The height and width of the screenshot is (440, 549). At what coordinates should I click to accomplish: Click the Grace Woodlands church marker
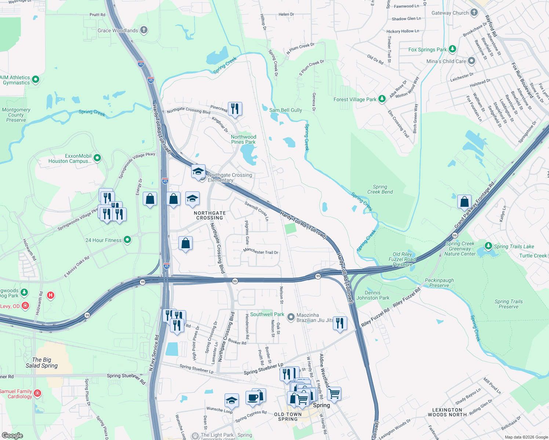tap(144, 30)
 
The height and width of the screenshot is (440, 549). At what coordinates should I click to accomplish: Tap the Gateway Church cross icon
tap(474, 12)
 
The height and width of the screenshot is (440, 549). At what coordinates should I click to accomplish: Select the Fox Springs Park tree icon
tap(452, 49)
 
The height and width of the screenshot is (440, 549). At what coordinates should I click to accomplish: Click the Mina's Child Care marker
tap(471, 61)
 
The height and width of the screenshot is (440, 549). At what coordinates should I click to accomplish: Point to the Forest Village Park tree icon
tap(382, 99)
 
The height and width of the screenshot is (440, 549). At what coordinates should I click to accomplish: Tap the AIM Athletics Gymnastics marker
tap(36, 80)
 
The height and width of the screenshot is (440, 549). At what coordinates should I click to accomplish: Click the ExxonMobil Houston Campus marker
tap(97, 158)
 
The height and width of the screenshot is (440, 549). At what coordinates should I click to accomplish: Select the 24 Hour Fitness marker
tap(127, 240)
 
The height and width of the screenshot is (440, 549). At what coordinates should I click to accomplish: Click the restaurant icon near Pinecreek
tap(235, 109)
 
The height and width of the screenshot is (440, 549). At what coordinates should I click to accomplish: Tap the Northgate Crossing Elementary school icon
tap(198, 172)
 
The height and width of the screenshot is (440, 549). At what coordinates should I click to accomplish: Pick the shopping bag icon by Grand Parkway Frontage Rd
tap(464, 202)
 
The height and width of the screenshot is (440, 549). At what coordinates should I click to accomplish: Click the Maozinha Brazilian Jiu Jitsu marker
tap(291, 317)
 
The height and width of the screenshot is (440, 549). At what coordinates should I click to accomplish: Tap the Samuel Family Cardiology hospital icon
tap(37, 393)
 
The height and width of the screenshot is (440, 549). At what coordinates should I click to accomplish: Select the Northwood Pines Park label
tap(243, 139)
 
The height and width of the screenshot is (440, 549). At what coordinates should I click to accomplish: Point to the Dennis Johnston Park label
tap(372, 295)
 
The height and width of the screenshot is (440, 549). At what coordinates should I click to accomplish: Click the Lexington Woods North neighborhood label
tap(447, 412)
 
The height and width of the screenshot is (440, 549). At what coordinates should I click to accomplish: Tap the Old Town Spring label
tap(288, 417)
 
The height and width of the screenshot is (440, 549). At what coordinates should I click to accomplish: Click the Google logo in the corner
tap(12, 435)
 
